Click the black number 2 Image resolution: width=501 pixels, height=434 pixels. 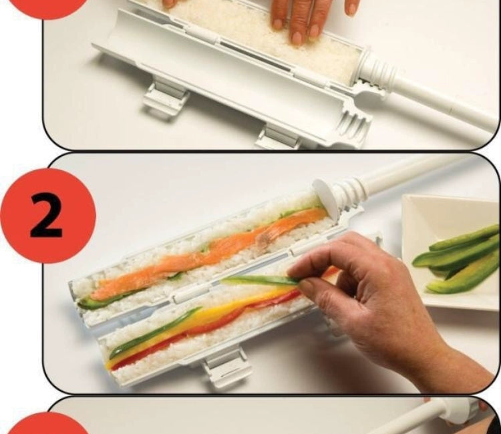46,216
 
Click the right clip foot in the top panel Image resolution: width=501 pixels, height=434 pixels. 278,138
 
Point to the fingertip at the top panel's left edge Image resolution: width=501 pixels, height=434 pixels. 170,3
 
